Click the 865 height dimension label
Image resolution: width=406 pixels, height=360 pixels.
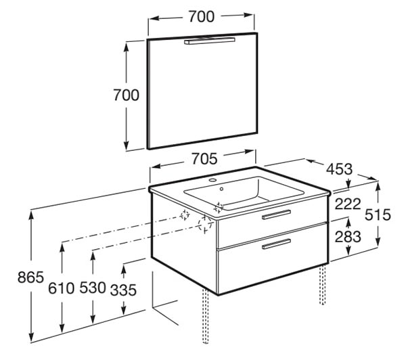[x=30, y=277]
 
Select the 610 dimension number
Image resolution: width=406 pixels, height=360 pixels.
[x=62, y=288]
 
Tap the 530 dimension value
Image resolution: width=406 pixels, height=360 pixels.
[x=93, y=288]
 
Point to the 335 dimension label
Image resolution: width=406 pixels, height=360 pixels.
[x=124, y=290]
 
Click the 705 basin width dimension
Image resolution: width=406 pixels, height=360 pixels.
[x=204, y=159]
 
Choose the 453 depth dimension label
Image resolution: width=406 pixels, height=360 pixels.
[x=339, y=169]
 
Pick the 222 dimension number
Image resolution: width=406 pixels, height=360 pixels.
[x=348, y=204]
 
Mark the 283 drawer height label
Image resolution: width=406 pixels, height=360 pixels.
[x=348, y=236]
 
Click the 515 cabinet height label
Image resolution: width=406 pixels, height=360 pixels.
[x=378, y=215]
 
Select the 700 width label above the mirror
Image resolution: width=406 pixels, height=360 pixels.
[x=202, y=16]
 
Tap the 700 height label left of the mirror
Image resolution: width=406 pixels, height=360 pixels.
[x=126, y=95]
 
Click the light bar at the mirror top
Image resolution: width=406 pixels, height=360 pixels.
[x=210, y=41]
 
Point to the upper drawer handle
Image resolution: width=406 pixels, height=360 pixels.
[x=276, y=215]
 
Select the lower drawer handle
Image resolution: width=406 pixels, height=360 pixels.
[x=276, y=244]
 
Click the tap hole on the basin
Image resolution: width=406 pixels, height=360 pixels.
[x=213, y=180]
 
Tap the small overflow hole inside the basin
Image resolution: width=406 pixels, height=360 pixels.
[x=221, y=189]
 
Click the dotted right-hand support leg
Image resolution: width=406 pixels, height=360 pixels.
[x=322, y=284]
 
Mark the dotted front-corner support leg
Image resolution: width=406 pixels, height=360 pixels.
[x=206, y=317]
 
